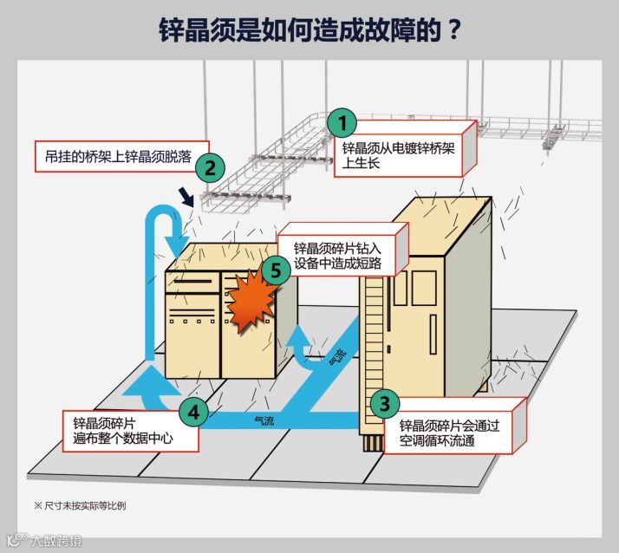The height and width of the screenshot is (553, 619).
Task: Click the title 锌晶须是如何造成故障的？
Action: pos(309,28)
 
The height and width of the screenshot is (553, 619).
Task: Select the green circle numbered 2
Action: pos(211,166)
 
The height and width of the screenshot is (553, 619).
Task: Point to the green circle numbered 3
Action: pos(385,403)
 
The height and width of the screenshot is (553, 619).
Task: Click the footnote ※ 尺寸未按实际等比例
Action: pos(80,504)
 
